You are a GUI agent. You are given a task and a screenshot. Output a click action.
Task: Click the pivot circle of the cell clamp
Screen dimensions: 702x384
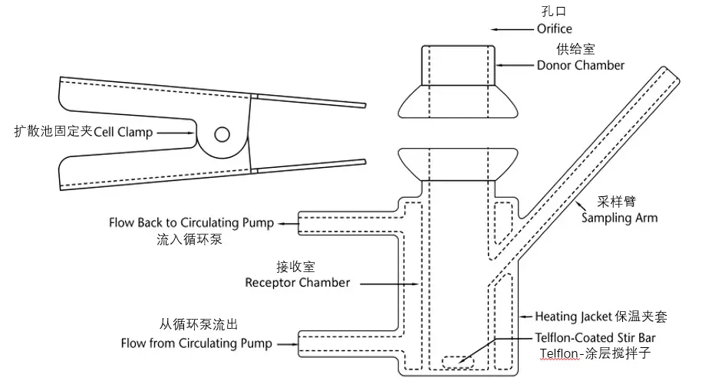point(222,134)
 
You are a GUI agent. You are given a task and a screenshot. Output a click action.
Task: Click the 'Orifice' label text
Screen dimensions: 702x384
point(554,29)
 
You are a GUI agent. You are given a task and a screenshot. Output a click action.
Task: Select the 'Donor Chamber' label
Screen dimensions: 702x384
point(580,65)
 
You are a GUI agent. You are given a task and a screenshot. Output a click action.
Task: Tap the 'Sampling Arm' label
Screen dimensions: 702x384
point(619,218)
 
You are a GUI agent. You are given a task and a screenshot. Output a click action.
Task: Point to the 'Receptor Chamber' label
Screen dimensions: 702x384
point(297,283)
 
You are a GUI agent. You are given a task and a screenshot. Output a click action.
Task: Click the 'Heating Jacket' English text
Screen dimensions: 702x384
point(574,317)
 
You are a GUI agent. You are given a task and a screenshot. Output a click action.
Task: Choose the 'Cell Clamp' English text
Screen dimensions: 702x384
point(123,133)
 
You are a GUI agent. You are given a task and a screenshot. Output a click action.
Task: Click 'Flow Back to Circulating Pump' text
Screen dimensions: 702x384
point(191,222)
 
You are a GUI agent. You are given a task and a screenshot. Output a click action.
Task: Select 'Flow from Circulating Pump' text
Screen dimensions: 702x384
point(196,343)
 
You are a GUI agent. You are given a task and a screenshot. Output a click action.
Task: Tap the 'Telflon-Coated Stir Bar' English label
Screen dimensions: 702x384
point(595,338)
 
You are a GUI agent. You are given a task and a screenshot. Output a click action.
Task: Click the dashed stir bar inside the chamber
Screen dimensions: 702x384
point(458,362)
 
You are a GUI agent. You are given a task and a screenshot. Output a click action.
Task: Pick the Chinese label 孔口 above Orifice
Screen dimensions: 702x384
point(554,11)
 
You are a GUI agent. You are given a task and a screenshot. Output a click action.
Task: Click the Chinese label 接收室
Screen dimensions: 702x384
point(295,267)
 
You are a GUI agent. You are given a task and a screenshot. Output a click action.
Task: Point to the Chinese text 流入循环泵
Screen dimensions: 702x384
point(190,239)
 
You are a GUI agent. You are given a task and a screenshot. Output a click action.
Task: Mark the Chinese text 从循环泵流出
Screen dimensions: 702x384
point(199,324)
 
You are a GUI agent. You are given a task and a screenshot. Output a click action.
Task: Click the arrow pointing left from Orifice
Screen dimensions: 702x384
point(512,29)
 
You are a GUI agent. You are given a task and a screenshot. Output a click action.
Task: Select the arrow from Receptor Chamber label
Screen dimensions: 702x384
point(389,284)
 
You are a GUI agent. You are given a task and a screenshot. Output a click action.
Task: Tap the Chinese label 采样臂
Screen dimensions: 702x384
point(617,202)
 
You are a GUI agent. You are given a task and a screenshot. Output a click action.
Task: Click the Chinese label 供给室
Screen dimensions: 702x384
point(575,49)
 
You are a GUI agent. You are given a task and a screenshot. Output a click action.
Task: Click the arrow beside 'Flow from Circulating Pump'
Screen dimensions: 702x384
point(288,344)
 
